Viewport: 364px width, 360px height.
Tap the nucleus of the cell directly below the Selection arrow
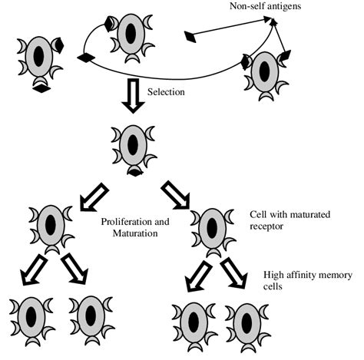pyautogui.click(x=133, y=144)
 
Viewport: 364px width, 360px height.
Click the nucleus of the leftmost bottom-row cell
pyautogui.click(x=30, y=315)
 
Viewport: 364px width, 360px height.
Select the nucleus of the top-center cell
pyautogui.click(x=131, y=36)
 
